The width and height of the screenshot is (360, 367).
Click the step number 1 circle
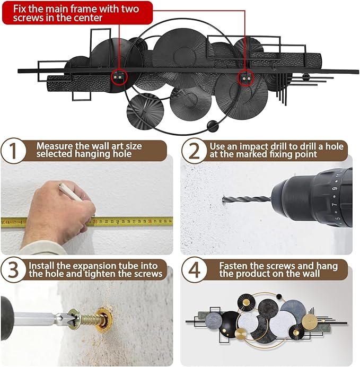pos(13,151)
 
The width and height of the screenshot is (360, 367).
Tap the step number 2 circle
pos(194,151)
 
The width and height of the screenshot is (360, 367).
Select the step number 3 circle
pos(13,269)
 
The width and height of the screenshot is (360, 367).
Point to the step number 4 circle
pos(195,269)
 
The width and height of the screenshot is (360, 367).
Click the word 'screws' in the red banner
pos(29,18)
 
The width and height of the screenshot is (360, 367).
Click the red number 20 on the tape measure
pos(95,221)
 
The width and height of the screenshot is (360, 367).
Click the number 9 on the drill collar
pos(335,189)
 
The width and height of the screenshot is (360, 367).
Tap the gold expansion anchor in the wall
pos(104,318)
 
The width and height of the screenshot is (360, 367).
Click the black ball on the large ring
pos(213,126)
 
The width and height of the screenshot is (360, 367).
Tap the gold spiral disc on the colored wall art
pos(310,321)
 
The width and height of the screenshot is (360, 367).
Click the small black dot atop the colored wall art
pos(279,297)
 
